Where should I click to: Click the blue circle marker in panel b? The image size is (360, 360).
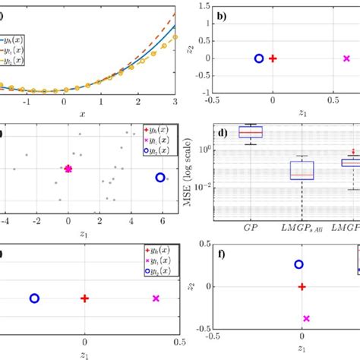pyautogui.click(x=259, y=58)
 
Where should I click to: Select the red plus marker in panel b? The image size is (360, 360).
pyautogui.click(x=273, y=58)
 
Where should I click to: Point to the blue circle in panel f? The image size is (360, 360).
pyautogui.click(x=298, y=264)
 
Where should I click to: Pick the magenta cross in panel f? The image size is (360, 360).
pyautogui.click(x=307, y=319)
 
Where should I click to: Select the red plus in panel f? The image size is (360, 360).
pyautogui.click(x=302, y=286)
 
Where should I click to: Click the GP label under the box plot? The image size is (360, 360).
pyautogui.click(x=248, y=226)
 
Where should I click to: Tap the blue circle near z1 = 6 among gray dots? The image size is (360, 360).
pyautogui.click(x=160, y=177)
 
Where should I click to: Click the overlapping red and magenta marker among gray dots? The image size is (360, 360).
pyautogui.click(x=68, y=169)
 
